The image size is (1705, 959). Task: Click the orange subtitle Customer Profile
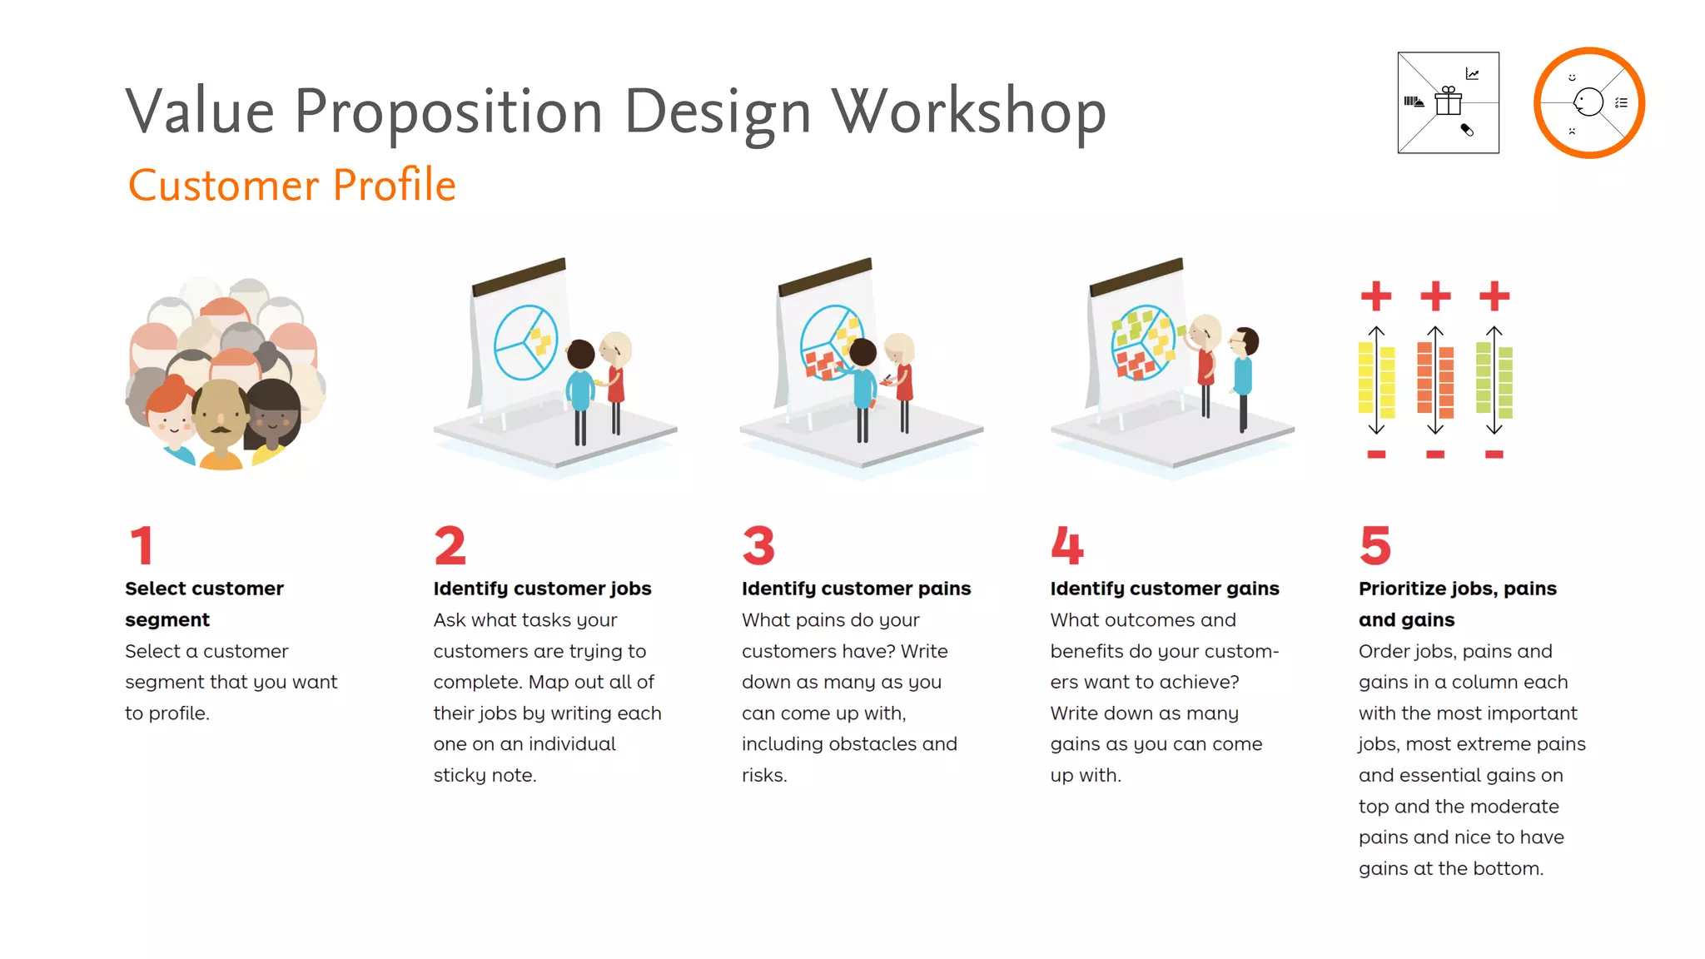[291, 185]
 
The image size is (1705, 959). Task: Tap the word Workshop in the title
[969, 112]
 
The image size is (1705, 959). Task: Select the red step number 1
[142, 545]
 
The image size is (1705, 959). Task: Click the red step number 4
[1066, 545]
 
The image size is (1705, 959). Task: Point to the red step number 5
[1374, 545]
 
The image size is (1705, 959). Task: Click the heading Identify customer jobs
[542, 589]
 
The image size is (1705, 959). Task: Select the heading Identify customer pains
[856, 589]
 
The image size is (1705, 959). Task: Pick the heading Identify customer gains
[1164, 589]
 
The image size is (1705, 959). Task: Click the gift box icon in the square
[1449, 102]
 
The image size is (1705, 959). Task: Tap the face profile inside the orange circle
[1588, 102]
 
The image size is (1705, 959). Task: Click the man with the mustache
[221, 416]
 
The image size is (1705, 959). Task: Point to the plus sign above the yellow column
[1376, 296]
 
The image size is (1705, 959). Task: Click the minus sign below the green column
[1494, 455]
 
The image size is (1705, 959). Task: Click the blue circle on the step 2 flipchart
[525, 342]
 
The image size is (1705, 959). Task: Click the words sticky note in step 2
[484, 775]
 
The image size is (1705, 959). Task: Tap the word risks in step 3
[763, 775]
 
